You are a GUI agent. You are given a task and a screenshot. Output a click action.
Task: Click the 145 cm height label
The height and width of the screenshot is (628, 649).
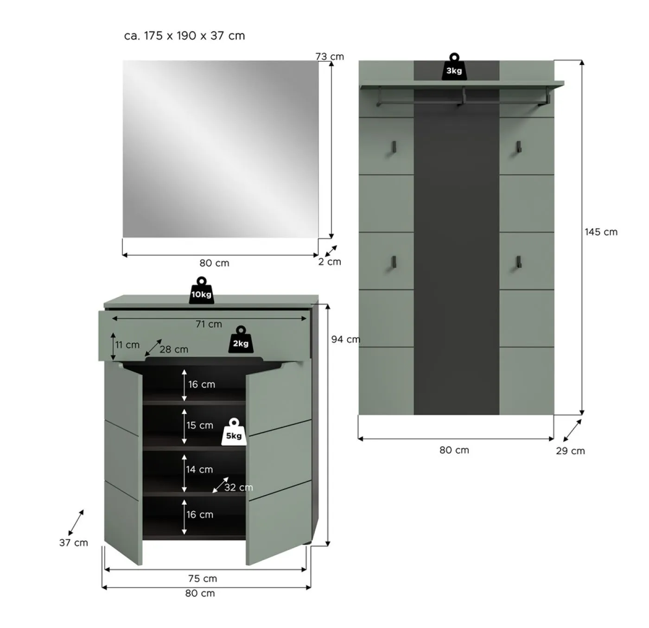pyautogui.click(x=601, y=232)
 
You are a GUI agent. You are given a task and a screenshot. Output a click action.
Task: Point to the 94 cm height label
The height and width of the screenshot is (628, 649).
pyautogui.click(x=345, y=339)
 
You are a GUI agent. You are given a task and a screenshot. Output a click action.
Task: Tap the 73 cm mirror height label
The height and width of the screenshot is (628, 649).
pyautogui.click(x=330, y=57)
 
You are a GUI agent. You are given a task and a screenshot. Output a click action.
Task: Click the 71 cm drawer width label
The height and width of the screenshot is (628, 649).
pyautogui.click(x=209, y=324)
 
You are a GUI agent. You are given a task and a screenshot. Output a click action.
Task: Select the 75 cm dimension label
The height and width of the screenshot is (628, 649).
pyautogui.click(x=203, y=578)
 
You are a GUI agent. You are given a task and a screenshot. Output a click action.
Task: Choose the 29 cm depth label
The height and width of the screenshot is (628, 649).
pyautogui.click(x=570, y=451)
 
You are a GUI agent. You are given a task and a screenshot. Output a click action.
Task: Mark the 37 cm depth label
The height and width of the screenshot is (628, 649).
pyautogui.click(x=73, y=543)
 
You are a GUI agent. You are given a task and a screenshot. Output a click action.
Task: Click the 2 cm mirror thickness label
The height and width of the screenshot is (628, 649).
pyautogui.click(x=330, y=262)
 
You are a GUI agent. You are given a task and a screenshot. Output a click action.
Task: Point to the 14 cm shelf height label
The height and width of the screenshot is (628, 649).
pyautogui.click(x=200, y=469)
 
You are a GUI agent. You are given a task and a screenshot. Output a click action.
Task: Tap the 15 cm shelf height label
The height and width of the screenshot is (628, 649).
pyautogui.click(x=200, y=425)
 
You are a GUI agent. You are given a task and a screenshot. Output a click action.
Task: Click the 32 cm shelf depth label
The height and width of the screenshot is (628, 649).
pyautogui.click(x=238, y=488)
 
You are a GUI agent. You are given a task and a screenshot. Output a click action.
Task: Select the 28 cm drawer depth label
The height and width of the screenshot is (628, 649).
pyautogui.click(x=174, y=349)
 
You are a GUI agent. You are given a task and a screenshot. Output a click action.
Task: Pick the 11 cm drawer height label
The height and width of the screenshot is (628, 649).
pyautogui.click(x=127, y=345)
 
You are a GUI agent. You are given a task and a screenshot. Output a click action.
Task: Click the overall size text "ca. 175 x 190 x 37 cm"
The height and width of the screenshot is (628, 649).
pyautogui.click(x=185, y=36)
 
